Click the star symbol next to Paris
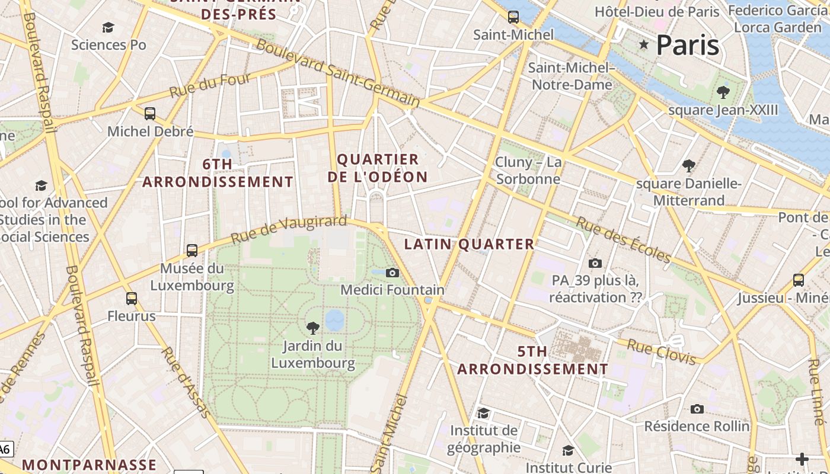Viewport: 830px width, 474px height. (x=644, y=44)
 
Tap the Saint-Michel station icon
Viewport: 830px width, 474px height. (x=513, y=17)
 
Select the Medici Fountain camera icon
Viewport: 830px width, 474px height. (x=392, y=273)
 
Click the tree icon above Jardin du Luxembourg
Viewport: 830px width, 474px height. (x=313, y=328)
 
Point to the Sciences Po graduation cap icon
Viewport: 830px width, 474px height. (x=108, y=27)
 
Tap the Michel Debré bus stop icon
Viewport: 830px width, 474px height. (x=150, y=113)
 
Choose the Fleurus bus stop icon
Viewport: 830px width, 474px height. (x=132, y=299)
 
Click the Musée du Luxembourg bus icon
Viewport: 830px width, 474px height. (x=192, y=250)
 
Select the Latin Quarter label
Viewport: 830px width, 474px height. (x=469, y=244)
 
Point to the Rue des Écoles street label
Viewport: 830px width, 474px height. (x=623, y=239)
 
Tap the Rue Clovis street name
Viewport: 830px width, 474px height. (x=661, y=352)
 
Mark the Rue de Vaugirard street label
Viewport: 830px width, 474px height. (x=288, y=229)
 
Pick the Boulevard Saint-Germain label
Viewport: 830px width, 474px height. (x=338, y=73)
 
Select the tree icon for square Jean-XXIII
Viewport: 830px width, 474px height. (x=723, y=92)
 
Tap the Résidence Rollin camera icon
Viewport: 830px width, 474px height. (x=697, y=409)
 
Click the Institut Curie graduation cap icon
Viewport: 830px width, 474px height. (x=568, y=451)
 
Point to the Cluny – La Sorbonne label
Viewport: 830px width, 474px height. (x=528, y=171)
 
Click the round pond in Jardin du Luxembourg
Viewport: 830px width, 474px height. (x=334, y=319)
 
